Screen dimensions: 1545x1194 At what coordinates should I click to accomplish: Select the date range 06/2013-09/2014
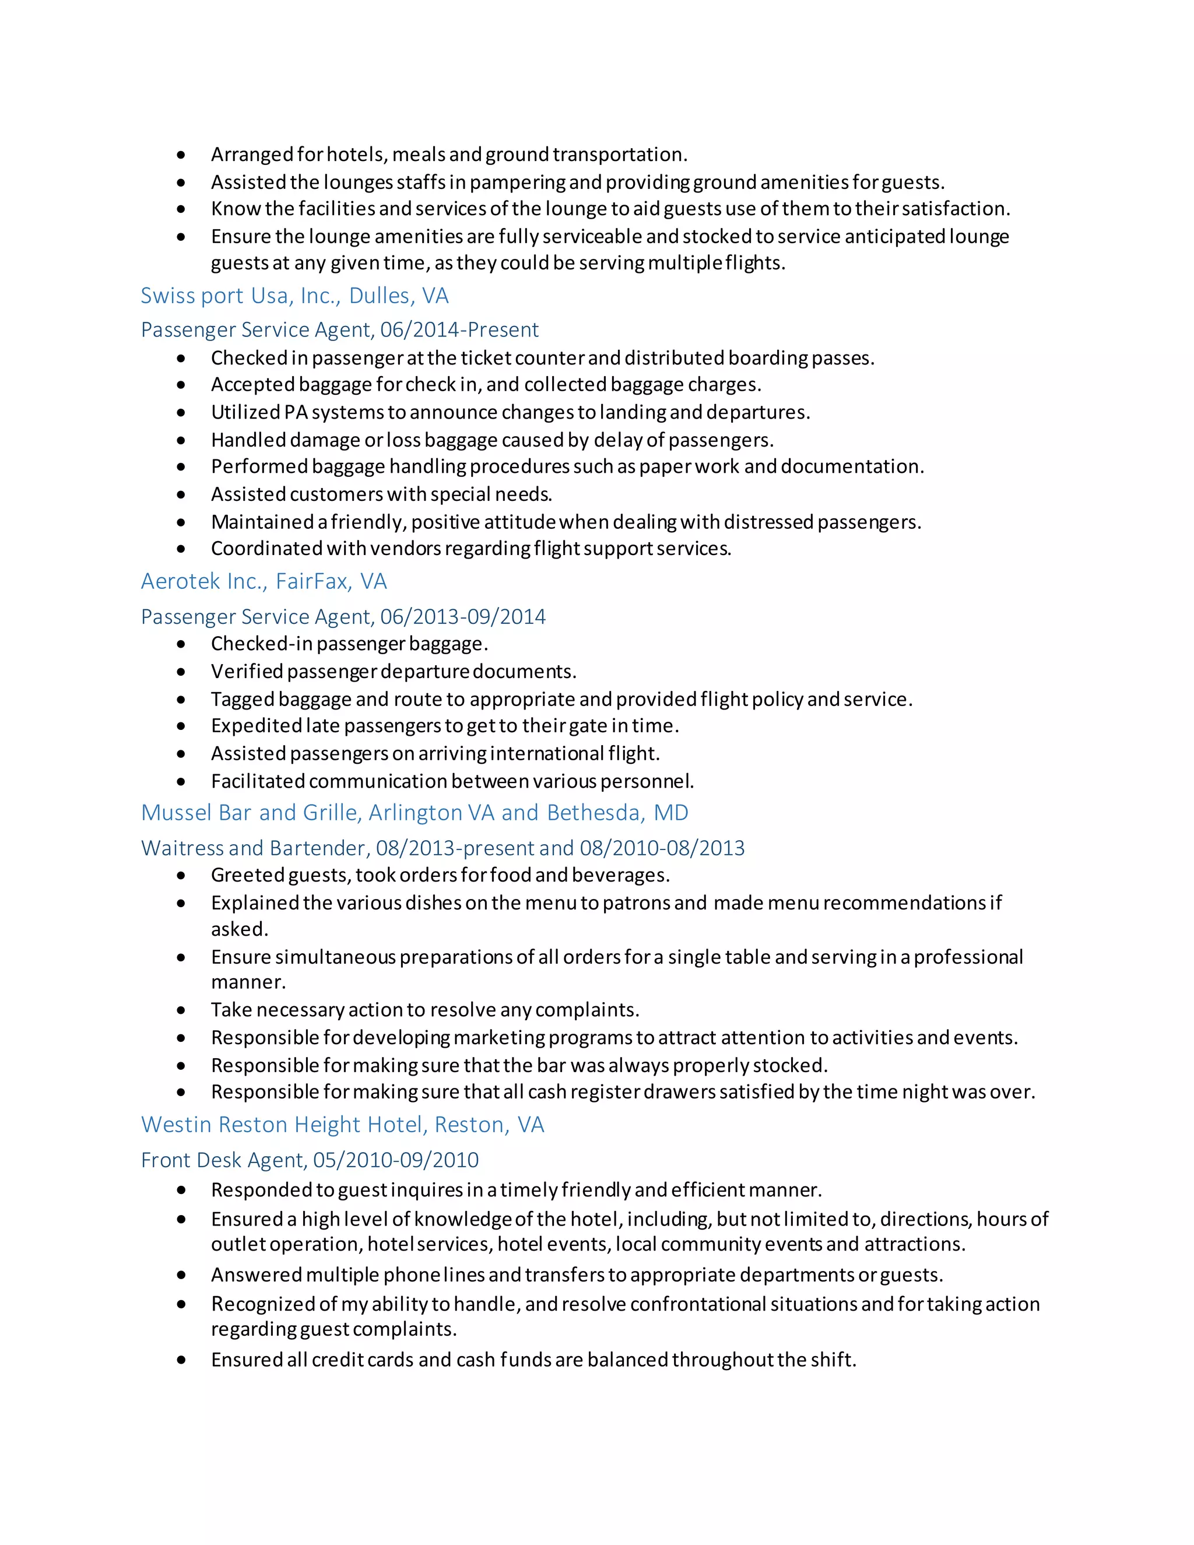[x=462, y=616]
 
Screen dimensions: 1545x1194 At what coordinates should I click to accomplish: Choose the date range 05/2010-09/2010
[x=395, y=1160]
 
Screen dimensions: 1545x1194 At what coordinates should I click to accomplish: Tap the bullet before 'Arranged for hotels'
[x=182, y=155]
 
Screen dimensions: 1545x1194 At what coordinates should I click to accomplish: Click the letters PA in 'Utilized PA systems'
[x=295, y=412]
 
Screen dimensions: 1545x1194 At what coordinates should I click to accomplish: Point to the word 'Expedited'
[x=256, y=726]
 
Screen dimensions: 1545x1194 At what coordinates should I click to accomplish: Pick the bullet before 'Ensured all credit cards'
[x=182, y=1360]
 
